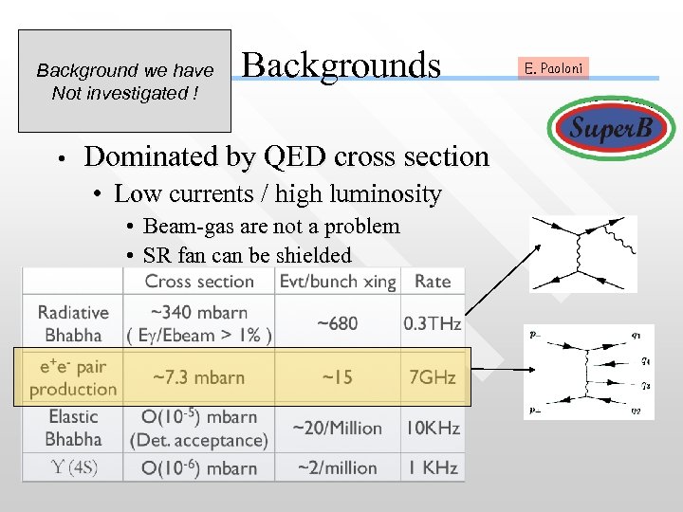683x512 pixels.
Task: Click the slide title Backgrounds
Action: [x=341, y=65]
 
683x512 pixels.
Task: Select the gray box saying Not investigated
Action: [x=124, y=82]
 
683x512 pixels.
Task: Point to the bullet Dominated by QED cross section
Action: [x=286, y=156]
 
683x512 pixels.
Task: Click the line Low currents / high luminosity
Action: [x=277, y=194]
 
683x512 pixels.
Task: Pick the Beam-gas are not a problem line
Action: [x=270, y=227]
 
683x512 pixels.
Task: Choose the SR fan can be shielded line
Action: [x=247, y=255]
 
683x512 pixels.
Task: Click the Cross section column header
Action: [x=199, y=281]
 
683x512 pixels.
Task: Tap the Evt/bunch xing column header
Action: [x=337, y=281]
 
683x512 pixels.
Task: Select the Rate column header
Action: [x=433, y=281]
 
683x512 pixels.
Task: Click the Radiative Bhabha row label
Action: [x=73, y=323]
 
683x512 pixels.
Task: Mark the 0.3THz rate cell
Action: [x=433, y=323]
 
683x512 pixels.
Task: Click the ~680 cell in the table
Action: [x=337, y=323]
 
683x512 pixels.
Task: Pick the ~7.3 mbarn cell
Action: [x=199, y=377]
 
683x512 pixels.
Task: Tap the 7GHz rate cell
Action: [x=433, y=377]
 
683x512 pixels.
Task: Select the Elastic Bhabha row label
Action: [x=73, y=428]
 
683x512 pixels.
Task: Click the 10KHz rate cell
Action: [x=433, y=428]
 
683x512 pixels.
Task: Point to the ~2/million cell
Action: [x=337, y=467]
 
